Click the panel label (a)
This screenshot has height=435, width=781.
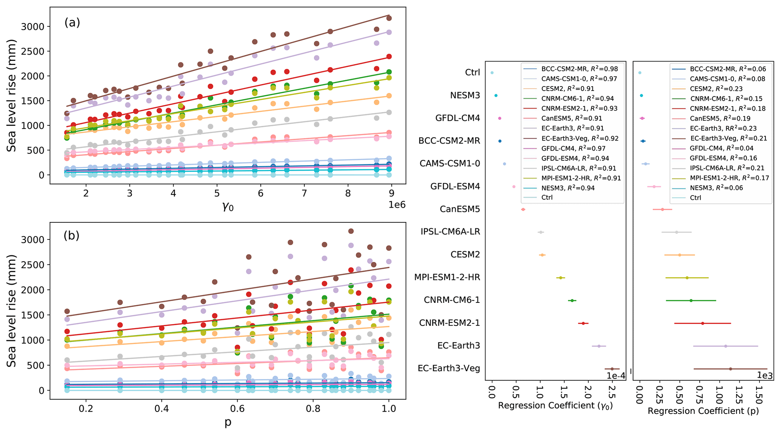point(72,23)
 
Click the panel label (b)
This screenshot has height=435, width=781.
point(71,236)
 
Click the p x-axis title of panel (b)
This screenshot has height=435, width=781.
point(228,422)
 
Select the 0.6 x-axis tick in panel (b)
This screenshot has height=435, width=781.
point(237,409)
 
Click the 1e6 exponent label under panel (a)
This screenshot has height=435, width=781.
point(397,205)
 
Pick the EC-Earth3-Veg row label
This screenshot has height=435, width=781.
point(448,368)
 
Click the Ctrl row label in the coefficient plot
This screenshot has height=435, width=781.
point(472,72)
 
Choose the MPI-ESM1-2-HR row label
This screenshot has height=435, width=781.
point(447,277)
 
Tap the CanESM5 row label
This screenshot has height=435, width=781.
point(460,209)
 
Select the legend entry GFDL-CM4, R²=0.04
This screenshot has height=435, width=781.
point(721,148)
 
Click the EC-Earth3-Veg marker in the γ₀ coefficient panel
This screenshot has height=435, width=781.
point(612,369)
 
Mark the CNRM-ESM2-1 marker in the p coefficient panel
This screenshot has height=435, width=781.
point(702,323)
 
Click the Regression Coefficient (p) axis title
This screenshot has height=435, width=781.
point(703,411)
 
